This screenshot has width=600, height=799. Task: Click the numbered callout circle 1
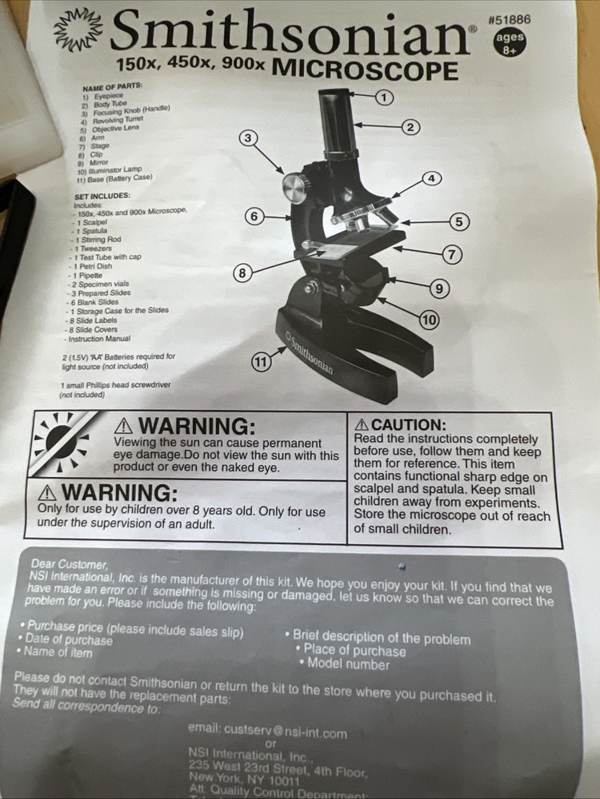pyautogui.click(x=384, y=97)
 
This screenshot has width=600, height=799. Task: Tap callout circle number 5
pyautogui.click(x=458, y=221)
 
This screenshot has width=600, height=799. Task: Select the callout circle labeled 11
pyautogui.click(x=260, y=362)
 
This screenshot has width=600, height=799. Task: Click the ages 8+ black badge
pyautogui.click(x=510, y=43)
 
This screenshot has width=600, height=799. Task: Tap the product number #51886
pyautogui.click(x=509, y=18)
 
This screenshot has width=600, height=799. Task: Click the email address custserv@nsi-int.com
pyautogui.click(x=267, y=731)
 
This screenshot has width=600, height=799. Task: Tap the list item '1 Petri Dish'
pyautogui.click(x=94, y=267)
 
